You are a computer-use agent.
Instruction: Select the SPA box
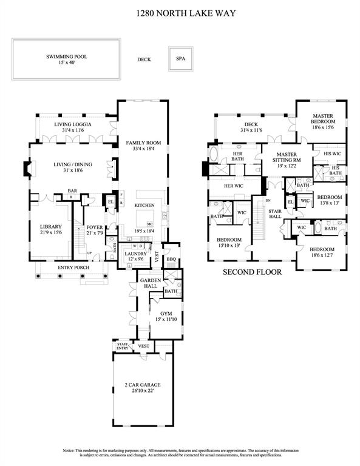click(x=180, y=59)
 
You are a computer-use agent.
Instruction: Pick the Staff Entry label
click(x=122, y=346)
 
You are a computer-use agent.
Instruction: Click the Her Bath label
click(x=239, y=157)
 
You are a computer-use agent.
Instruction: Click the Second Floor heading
click(x=252, y=272)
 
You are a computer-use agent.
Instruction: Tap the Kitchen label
click(x=144, y=206)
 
